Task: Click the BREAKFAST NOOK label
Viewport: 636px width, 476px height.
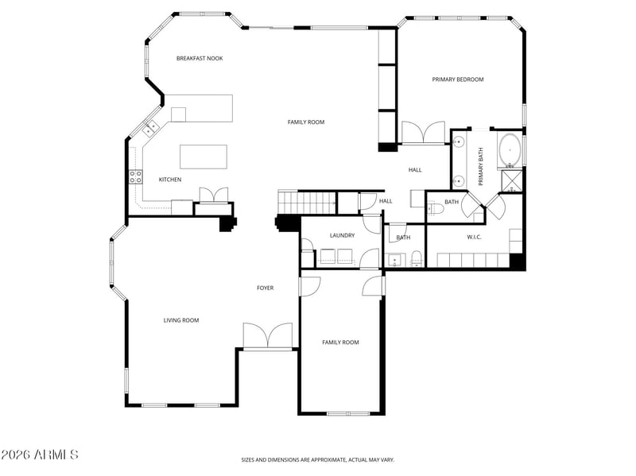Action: click(200, 58)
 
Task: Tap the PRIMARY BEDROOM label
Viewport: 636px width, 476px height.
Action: click(458, 79)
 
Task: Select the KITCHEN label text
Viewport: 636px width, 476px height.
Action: click(170, 180)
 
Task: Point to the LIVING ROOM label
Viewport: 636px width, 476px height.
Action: click(181, 320)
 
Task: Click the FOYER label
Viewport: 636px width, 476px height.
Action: click(265, 288)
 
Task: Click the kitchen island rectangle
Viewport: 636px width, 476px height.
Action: click(204, 157)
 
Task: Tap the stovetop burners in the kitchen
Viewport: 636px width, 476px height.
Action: click(135, 177)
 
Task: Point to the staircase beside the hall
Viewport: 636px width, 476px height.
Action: click(307, 203)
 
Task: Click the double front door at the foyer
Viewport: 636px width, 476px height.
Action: click(267, 336)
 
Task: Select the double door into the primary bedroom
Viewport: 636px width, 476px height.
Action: click(423, 133)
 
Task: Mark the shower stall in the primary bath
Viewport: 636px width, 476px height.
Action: click(512, 180)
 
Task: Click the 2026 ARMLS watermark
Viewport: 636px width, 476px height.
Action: click(39, 455)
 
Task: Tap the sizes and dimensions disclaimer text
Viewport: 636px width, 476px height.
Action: click(317, 459)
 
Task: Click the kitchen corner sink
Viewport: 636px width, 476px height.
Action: click(149, 126)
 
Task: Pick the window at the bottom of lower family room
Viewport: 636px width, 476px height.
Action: click(348, 413)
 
